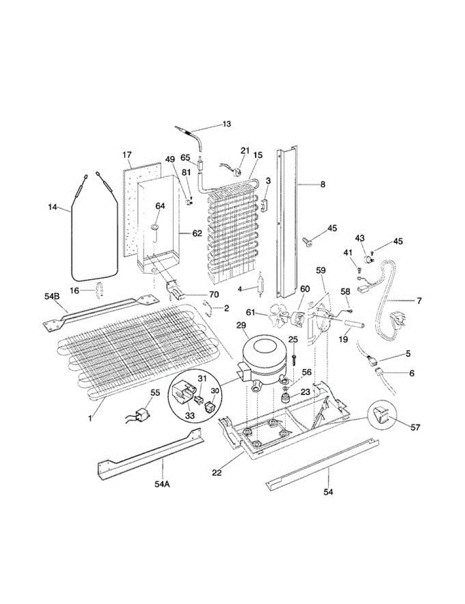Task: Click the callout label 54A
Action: [x=162, y=484]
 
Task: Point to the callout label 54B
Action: [x=52, y=296]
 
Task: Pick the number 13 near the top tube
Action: [x=227, y=124]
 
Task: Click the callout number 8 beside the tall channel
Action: [x=322, y=185]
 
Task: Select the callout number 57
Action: [x=415, y=428]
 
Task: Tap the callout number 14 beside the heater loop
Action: [x=52, y=207]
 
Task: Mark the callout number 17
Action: [x=127, y=154]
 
